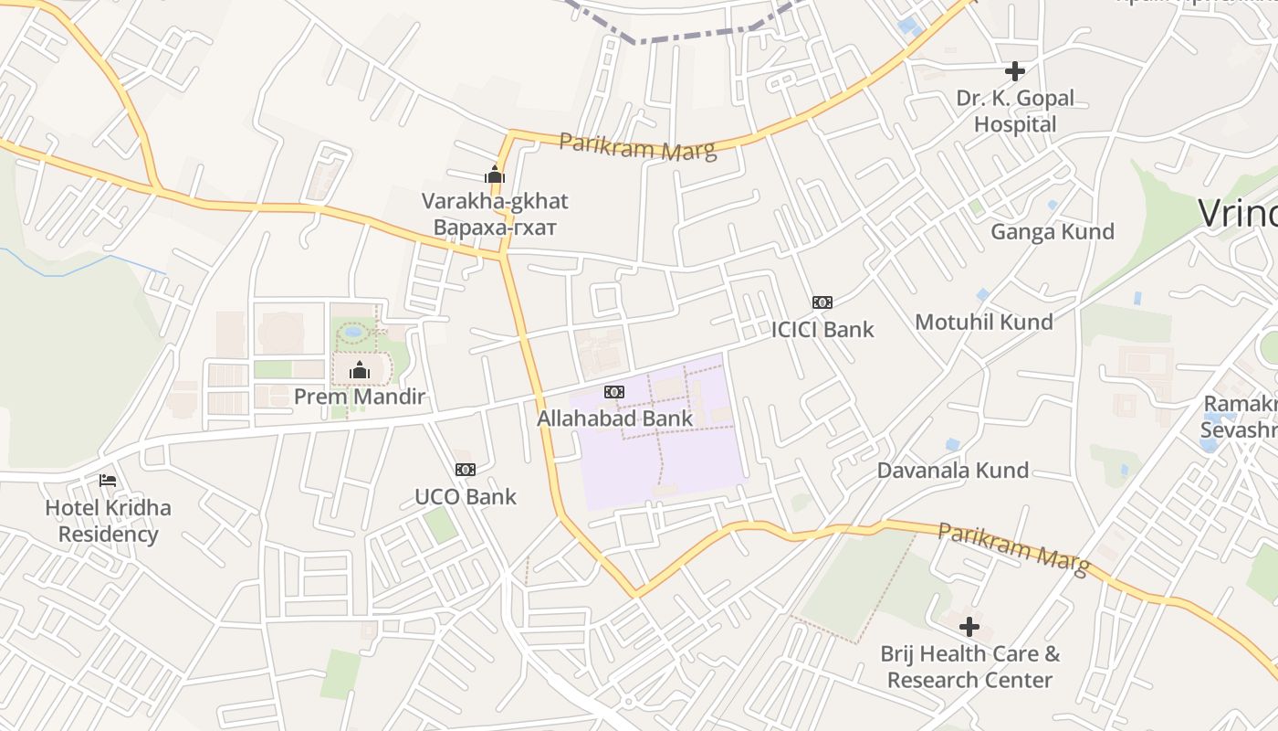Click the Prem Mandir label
tap(360, 397)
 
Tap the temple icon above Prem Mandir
tap(360, 370)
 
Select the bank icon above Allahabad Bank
tap(614, 392)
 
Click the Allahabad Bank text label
tap(614, 418)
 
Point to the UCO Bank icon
tap(466, 470)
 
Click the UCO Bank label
tap(466, 497)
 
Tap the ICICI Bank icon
tap(822, 302)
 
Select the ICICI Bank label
tap(822, 330)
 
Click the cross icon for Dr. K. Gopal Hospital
tap(1014, 70)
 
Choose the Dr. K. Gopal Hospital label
tap(1015, 111)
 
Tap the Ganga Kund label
tap(1053, 232)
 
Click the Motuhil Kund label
tap(984, 323)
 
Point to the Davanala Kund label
tap(953, 471)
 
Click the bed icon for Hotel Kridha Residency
tap(108, 481)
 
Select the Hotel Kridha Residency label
tap(109, 521)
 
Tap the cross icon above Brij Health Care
tap(969, 627)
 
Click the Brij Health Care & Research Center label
tap(969, 667)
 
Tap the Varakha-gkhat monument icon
tap(495, 174)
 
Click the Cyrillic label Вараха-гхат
tap(495, 227)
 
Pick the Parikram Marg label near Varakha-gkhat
tap(637, 146)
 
